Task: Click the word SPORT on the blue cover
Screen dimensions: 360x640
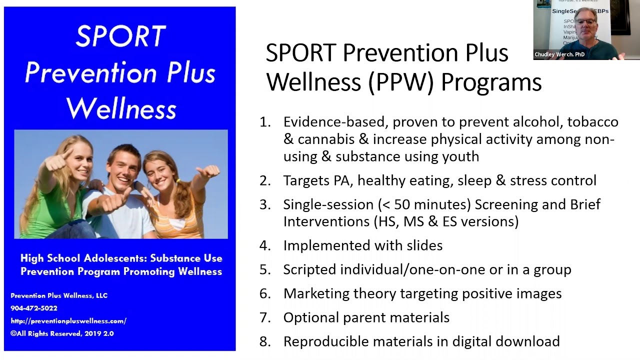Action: (x=120, y=36)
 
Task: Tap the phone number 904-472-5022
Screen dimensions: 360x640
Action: (x=34, y=308)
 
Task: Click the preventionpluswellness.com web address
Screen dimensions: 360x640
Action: (x=68, y=321)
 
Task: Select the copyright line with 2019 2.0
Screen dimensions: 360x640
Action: (x=62, y=333)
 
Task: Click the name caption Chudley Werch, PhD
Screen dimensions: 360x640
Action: (x=559, y=54)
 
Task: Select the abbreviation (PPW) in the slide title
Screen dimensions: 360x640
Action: (x=400, y=82)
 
